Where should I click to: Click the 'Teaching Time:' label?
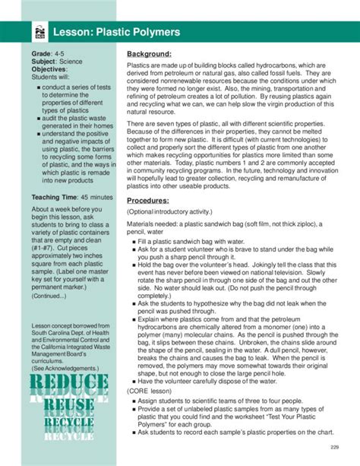coord(56,197)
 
